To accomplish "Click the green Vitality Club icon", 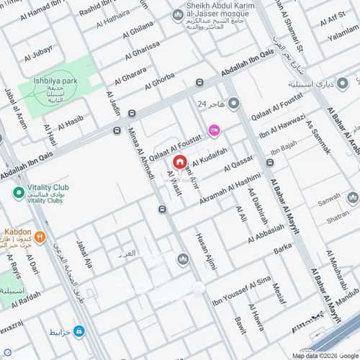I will tap(19, 193).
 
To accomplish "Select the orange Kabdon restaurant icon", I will tap(40, 235).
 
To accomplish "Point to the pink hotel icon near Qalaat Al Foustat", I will tap(213, 130).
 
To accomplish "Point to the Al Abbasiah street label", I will tap(266, 235).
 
